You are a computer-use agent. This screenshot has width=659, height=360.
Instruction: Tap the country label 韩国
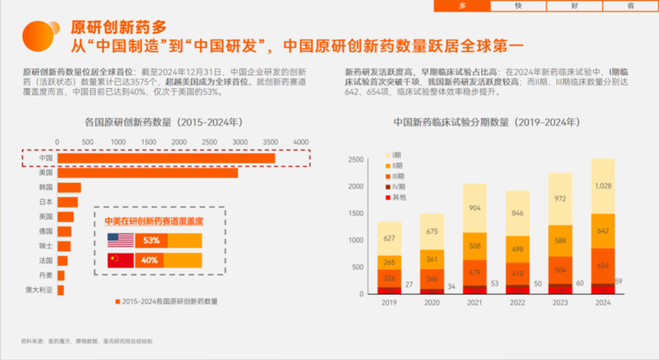point(46,187)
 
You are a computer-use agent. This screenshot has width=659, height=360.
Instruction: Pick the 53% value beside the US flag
point(151,241)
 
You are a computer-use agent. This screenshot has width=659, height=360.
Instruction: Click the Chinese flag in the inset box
point(121,260)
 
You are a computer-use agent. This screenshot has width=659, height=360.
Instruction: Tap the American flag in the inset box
point(121,241)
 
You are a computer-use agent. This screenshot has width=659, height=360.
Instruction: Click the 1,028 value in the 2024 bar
point(604,187)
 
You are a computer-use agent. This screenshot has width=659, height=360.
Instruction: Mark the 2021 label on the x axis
point(475,303)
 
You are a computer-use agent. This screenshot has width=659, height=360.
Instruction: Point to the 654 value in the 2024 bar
point(604,265)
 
